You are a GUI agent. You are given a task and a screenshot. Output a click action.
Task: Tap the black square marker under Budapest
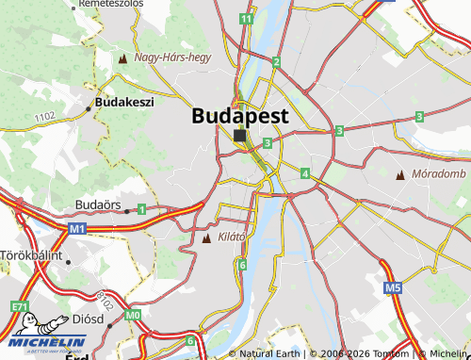click(x=240, y=136)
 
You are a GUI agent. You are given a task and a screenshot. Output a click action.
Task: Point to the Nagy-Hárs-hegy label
click(x=172, y=58)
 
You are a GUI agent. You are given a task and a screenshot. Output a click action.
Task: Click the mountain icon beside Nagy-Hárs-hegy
click(x=122, y=59)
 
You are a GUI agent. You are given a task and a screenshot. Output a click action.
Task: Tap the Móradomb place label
click(x=439, y=174)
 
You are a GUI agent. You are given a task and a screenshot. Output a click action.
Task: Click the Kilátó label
click(x=231, y=237)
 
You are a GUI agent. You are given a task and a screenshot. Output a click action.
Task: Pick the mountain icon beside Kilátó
click(x=207, y=237)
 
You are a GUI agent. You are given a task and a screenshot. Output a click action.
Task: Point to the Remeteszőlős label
click(x=111, y=5)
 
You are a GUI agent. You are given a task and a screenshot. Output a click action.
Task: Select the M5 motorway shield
click(x=393, y=287)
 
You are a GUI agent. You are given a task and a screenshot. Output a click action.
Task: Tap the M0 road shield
click(x=133, y=314)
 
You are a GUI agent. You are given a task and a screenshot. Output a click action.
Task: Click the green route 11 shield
click(x=246, y=19)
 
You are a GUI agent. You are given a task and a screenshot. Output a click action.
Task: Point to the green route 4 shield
click(x=305, y=173)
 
